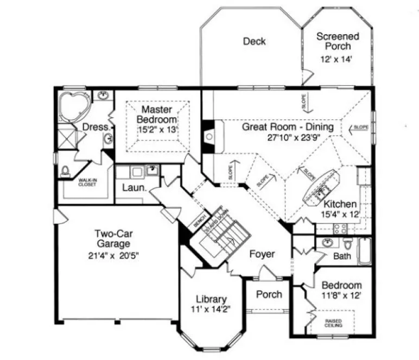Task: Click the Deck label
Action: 254,41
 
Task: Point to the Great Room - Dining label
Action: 288,127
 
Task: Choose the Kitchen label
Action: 340,204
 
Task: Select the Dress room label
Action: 94,127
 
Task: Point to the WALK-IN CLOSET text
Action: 87,183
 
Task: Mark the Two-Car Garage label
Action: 114,240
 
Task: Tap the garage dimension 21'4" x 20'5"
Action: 114,256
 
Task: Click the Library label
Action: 212,299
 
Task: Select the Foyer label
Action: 262,254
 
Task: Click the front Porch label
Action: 269,294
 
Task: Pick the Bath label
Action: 342,256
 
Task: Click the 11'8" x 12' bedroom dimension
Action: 341,296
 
